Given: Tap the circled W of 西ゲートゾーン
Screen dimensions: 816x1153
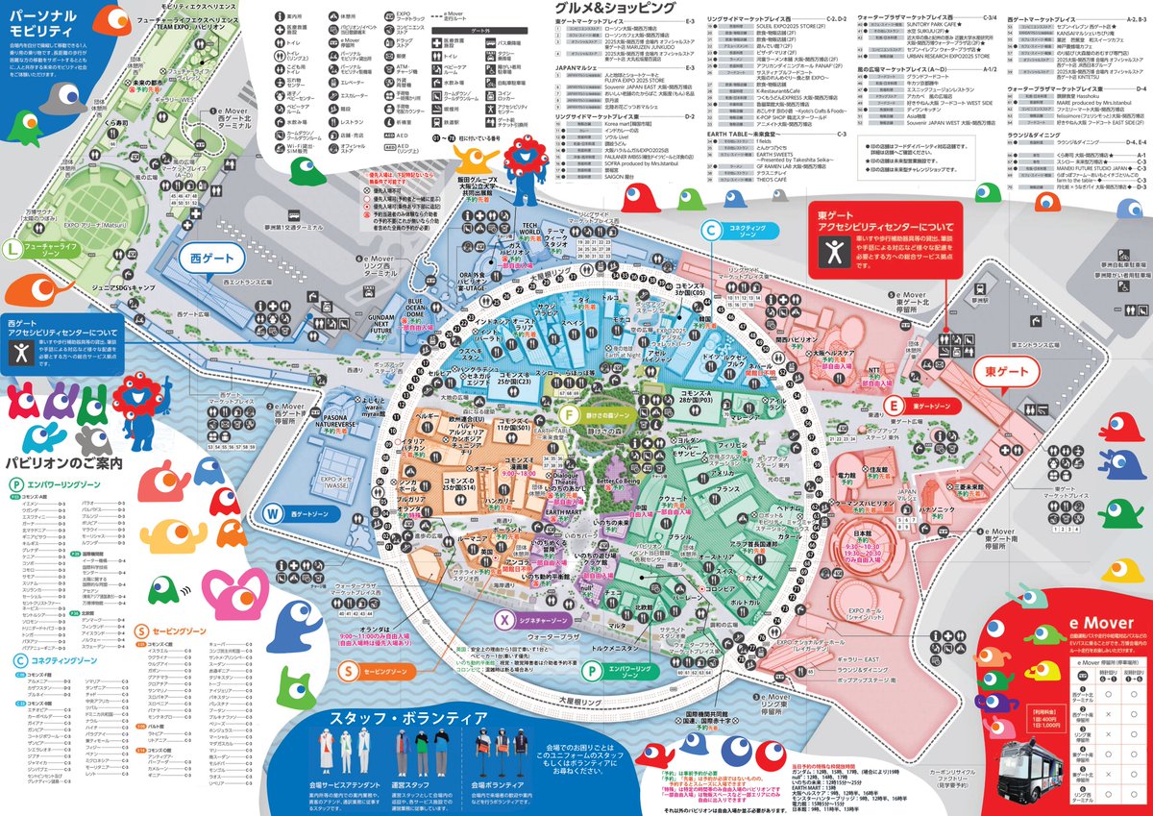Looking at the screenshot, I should point(273,513).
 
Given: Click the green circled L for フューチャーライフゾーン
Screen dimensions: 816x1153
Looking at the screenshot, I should point(12,249).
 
